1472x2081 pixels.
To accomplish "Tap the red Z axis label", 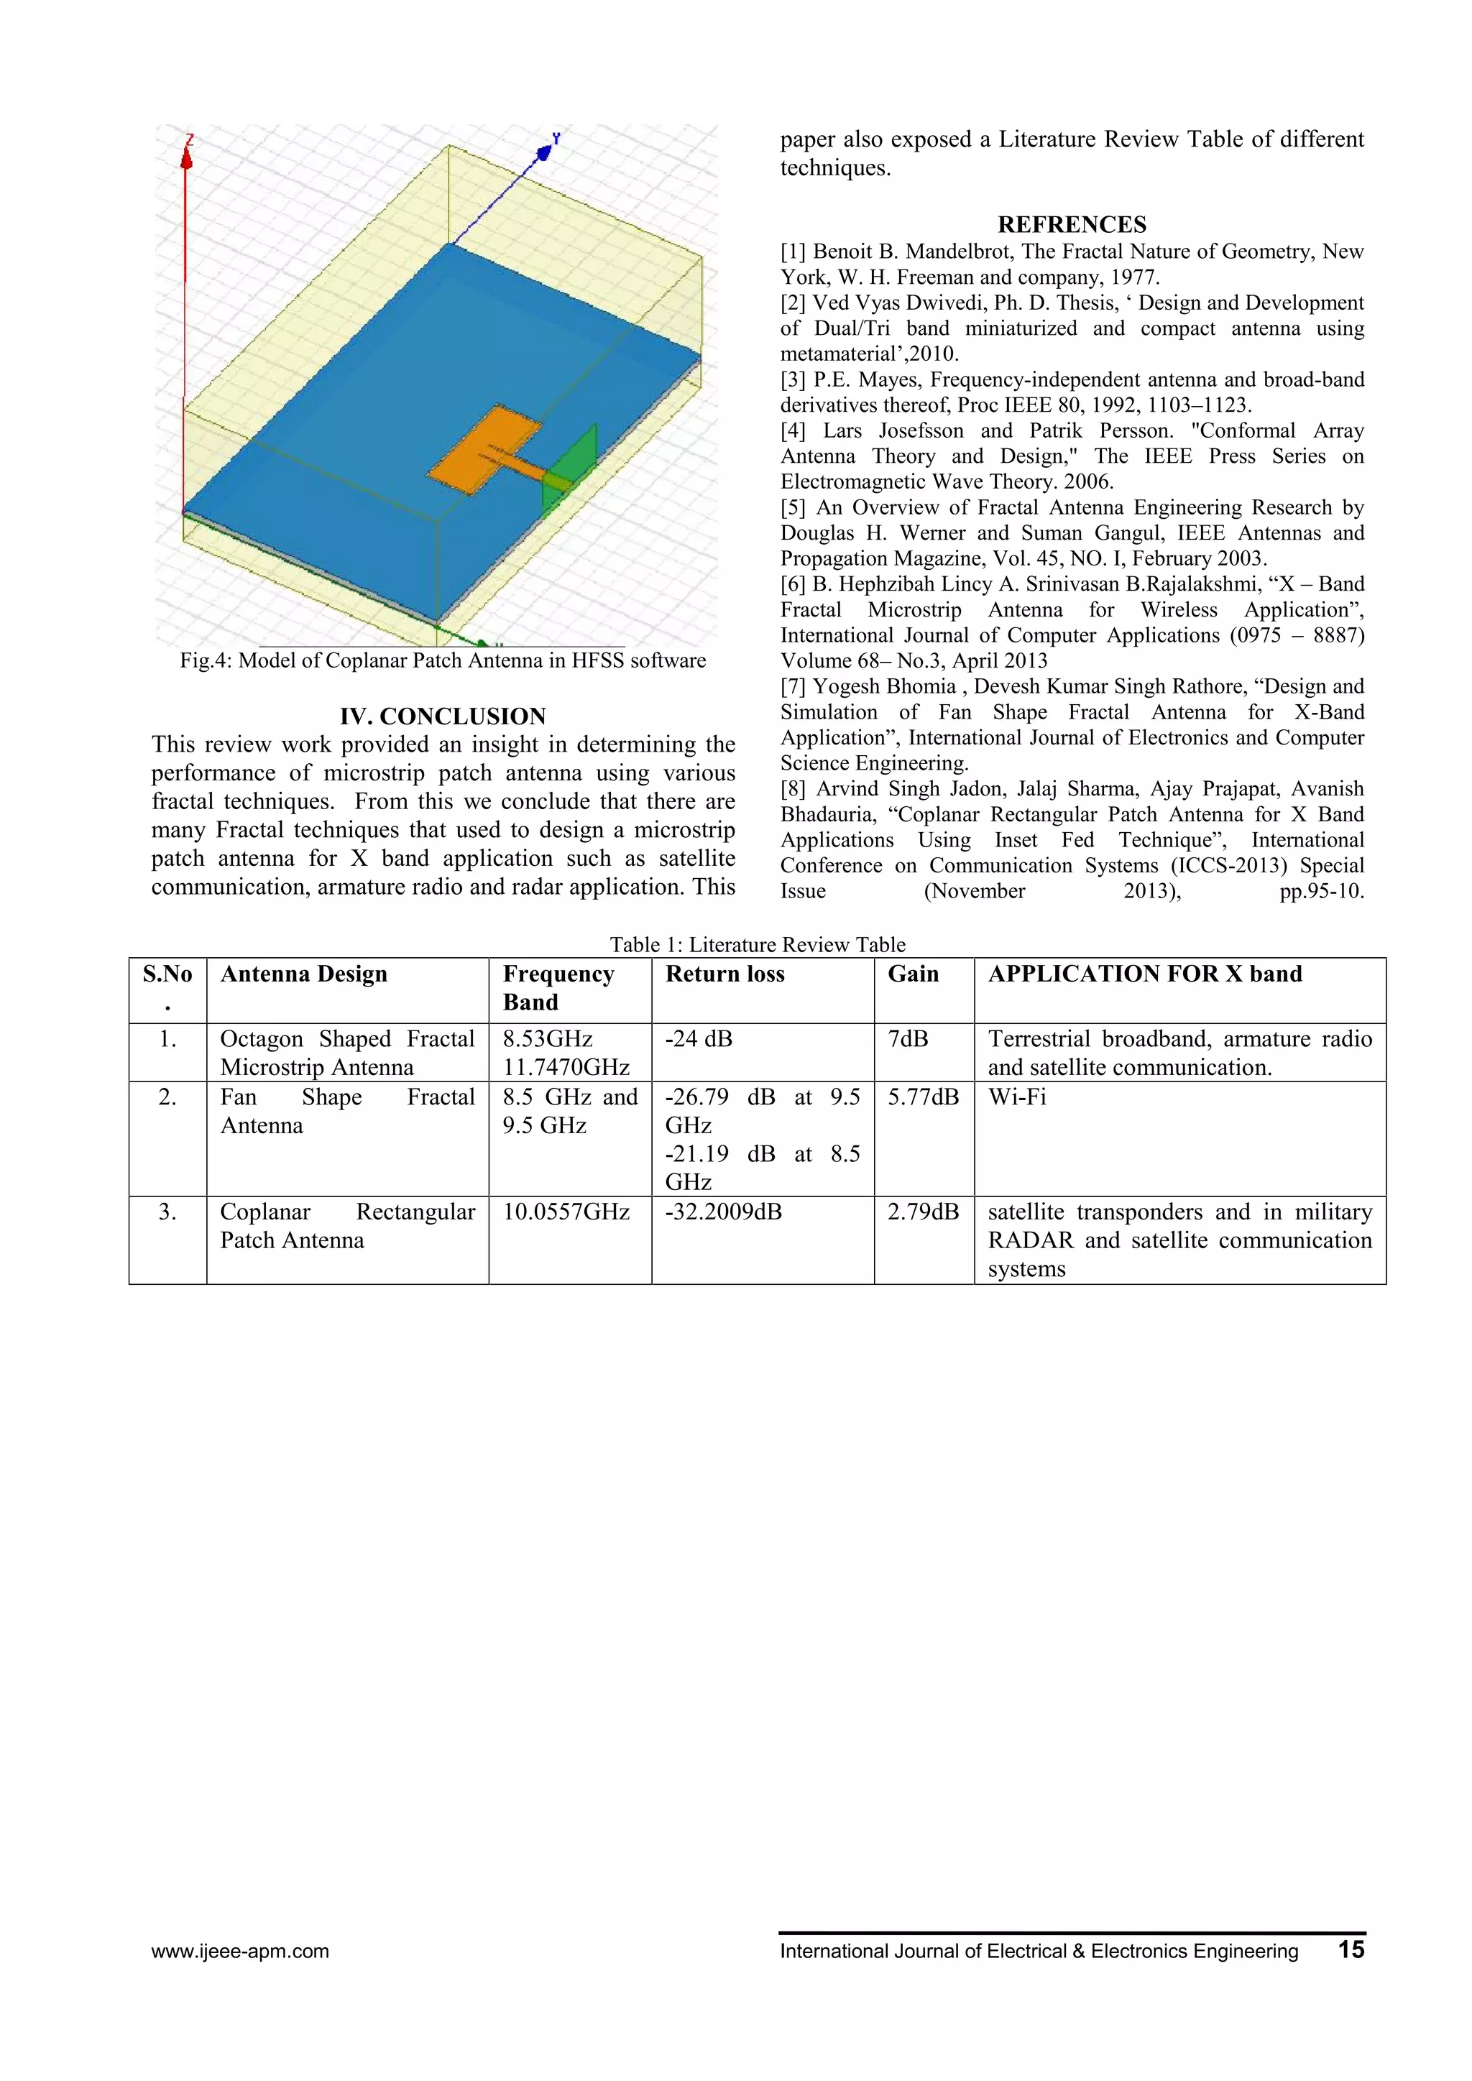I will (x=190, y=142).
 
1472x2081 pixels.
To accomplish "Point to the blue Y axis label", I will (x=556, y=139).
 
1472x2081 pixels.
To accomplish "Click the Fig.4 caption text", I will (x=442, y=661).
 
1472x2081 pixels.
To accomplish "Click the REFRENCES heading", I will (x=1072, y=225).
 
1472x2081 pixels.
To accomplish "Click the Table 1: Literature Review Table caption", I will (x=757, y=944).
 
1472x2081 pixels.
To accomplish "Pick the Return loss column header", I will (x=724, y=974).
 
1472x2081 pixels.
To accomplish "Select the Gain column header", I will (x=913, y=974).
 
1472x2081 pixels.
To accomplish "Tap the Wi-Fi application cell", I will (x=1017, y=1097).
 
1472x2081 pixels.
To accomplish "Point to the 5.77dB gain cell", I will (x=923, y=1097).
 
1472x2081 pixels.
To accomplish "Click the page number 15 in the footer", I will (x=1350, y=1949).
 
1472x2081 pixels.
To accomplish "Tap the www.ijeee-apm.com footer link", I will (x=240, y=1952).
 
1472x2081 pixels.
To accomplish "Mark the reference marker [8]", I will (x=794, y=790).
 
